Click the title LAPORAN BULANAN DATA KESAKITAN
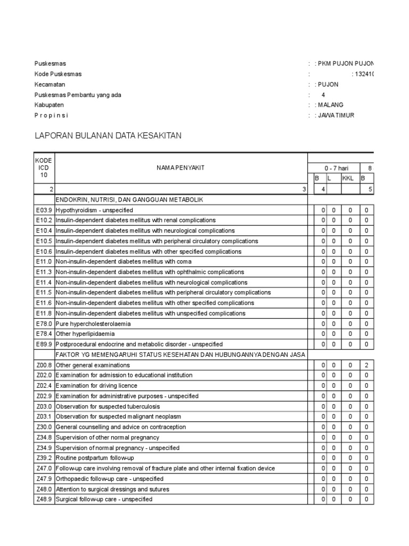(x=108, y=136)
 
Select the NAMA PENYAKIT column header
(x=181, y=168)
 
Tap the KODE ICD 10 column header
(x=44, y=168)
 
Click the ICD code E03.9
(x=44, y=210)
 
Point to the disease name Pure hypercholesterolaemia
(x=93, y=324)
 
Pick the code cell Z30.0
(x=44, y=427)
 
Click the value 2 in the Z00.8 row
(x=366, y=365)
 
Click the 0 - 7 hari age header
(x=334, y=168)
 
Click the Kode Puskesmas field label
(x=58, y=74)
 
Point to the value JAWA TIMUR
(x=336, y=115)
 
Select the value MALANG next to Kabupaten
(x=331, y=105)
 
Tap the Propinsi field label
(x=52, y=115)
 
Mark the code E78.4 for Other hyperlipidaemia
(x=44, y=334)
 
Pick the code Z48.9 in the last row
(x=44, y=500)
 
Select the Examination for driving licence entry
(x=96, y=386)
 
